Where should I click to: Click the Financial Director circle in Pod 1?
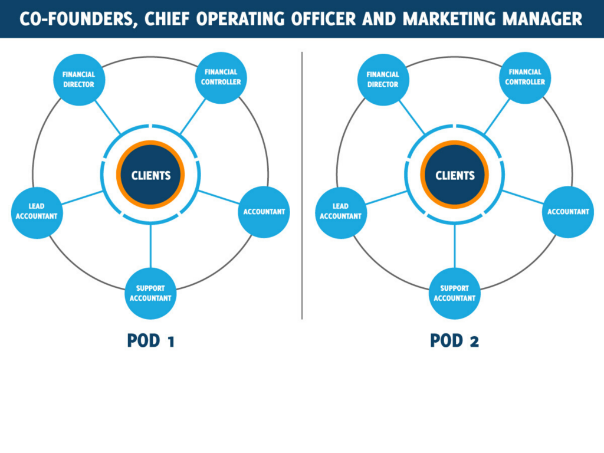78,80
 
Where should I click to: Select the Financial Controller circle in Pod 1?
221,77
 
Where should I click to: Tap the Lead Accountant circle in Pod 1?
37,212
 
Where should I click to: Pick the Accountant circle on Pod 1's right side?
264,212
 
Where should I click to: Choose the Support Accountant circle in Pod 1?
151,293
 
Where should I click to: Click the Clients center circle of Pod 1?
150,175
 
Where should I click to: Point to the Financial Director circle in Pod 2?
383,80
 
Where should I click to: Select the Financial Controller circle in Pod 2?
525,77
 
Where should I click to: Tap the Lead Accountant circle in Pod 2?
341,212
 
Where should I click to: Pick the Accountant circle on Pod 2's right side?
568,212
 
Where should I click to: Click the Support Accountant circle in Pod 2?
455,293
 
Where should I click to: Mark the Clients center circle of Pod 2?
455,175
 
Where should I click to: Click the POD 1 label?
150,341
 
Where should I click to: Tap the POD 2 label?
454,341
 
